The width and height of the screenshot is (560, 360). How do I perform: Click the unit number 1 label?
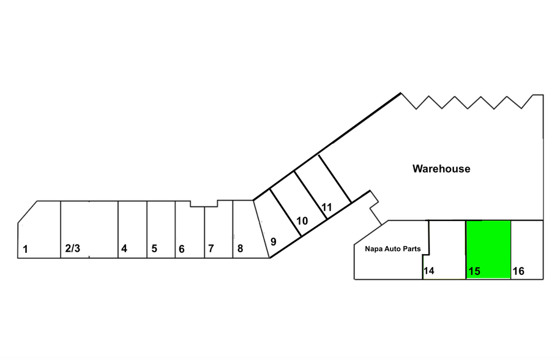click(25, 249)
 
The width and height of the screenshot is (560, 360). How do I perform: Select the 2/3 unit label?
click(72, 248)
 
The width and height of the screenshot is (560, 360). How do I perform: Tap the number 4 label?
click(124, 248)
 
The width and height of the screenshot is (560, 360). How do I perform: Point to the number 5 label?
click(154, 248)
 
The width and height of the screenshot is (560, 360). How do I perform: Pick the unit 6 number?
click(181, 249)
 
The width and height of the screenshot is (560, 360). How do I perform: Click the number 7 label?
click(211, 248)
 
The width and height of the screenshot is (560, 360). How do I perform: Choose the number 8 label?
click(241, 248)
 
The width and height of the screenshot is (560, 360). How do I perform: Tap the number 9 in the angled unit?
click(273, 242)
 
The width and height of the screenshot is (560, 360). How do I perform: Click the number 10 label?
click(302, 221)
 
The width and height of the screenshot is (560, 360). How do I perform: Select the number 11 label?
click(326, 207)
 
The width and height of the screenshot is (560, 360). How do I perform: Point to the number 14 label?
click(429, 271)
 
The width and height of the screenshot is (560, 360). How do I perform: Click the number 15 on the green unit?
click(474, 271)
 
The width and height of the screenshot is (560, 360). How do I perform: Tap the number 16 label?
click(518, 271)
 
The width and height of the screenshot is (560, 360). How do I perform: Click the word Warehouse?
click(441, 168)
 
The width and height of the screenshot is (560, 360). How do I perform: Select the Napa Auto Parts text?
click(393, 249)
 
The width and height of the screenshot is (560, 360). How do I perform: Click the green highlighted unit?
click(488, 249)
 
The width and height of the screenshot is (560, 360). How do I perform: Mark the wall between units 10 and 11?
click(311, 195)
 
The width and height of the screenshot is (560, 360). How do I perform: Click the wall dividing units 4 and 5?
click(147, 229)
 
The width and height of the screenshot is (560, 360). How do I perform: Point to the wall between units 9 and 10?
click(285, 212)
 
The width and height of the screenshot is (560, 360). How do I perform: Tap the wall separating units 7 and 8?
click(233, 229)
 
